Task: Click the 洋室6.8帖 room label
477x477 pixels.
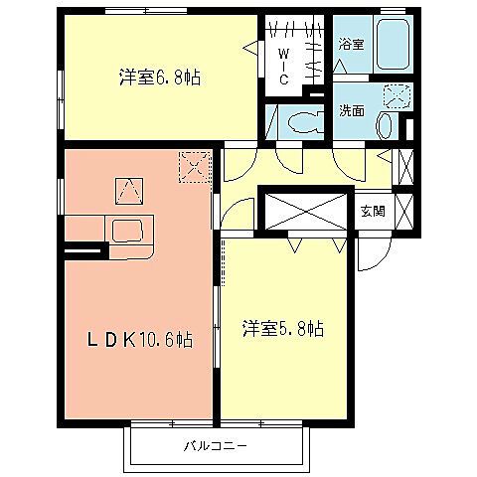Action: (160, 77)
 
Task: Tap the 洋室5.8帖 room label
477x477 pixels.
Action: (281, 327)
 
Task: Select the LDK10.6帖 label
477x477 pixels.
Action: (135, 339)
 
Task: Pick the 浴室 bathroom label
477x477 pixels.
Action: (350, 45)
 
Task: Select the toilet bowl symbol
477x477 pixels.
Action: (301, 124)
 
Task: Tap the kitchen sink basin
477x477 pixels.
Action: (128, 233)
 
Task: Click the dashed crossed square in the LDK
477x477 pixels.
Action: (195, 165)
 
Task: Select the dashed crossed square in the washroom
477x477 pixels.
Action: (398, 97)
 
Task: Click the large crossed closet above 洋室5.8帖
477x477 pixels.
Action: (305, 212)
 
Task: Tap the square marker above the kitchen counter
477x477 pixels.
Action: (128, 187)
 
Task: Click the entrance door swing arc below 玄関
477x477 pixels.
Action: (373, 253)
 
